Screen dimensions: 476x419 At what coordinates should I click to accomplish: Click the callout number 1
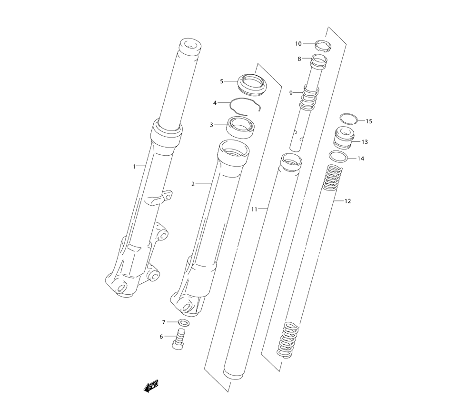pyautogui.click(x=135, y=166)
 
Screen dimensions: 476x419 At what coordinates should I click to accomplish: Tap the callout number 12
pyautogui.click(x=347, y=201)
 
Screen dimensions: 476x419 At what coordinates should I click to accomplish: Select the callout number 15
pyautogui.click(x=368, y=121)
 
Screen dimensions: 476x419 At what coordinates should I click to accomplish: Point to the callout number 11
pyautogui.click(x=254, y=209)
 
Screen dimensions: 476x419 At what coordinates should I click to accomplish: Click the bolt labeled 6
pyautogui.click(x=179, y=340)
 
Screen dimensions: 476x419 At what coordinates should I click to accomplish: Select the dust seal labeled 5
pyautogui.click(x=252, y=83)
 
